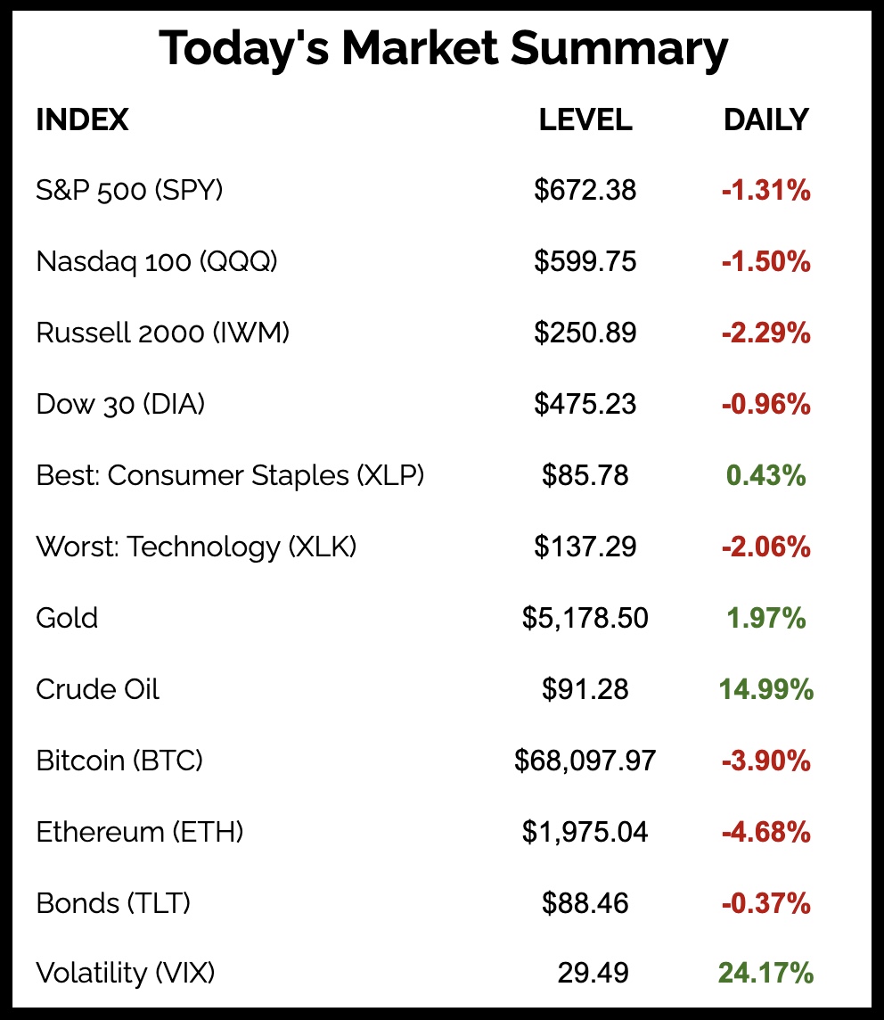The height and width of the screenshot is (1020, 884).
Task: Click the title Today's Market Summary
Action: (443, 50)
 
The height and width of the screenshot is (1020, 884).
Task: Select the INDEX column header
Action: (82, 119)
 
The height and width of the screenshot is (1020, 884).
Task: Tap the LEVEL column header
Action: (585, 119)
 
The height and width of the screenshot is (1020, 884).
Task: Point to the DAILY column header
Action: (766, 119)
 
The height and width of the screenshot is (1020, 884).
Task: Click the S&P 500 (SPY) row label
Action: (129, 190)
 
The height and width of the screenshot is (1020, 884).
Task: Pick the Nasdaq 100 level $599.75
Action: (585, 261)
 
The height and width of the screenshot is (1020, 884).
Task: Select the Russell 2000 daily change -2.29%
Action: (766, 333)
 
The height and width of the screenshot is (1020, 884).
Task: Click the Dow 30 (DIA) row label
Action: (120, 404)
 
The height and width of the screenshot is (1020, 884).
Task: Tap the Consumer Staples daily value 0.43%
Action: (766, 475)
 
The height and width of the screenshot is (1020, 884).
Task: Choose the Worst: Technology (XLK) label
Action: (196, 547)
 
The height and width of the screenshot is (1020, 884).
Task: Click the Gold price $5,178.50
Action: (585, 618)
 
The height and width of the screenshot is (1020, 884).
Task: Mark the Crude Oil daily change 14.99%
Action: (766, 689)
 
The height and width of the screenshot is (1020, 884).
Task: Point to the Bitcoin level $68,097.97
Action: (585, 761)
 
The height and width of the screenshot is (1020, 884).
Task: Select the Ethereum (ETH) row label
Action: (140, 832)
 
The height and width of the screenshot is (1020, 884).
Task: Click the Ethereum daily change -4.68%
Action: (766, 832)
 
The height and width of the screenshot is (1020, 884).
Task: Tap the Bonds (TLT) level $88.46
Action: (585, 903)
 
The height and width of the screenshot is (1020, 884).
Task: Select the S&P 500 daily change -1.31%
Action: (766, 190)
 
